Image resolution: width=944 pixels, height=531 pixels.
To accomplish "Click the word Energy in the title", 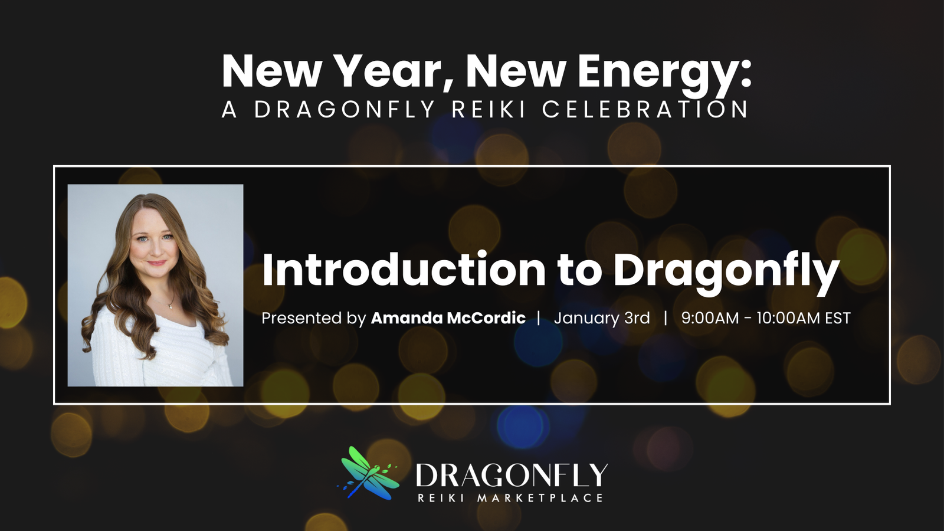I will coord(664,72).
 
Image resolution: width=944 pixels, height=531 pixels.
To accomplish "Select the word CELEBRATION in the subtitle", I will coord(645,110).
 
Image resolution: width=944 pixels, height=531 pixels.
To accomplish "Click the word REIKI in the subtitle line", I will coord(489,110).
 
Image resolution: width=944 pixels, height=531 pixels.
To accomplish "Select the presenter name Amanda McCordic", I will coord(448,318).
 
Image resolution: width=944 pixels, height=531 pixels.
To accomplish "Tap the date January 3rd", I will coord(601,318).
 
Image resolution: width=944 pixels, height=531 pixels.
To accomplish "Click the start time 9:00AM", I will coord(710,319).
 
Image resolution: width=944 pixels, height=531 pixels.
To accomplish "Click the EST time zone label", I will coord(838,319).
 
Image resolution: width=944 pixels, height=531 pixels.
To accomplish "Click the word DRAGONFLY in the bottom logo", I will coord(511,476).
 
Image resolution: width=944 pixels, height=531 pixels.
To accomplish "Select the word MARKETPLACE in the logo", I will coord(540,499).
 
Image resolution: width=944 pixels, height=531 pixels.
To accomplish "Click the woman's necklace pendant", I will coord(171,306).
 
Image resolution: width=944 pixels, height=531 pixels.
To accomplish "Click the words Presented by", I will coord(313,319).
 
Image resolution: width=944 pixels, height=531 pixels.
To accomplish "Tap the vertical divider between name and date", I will coord(539,319).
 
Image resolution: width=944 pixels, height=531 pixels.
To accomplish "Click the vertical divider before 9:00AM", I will coord(666,319).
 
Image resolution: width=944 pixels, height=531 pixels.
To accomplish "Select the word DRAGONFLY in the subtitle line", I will coord(345,110).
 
